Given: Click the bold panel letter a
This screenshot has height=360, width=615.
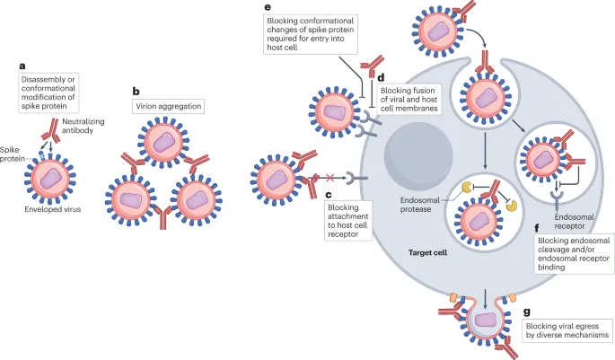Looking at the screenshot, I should click(x=23, y=66).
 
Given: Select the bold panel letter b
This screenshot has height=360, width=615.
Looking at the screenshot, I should click(x=136, y=91).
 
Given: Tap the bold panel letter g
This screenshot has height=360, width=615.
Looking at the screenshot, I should click(x=527, y=313).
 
